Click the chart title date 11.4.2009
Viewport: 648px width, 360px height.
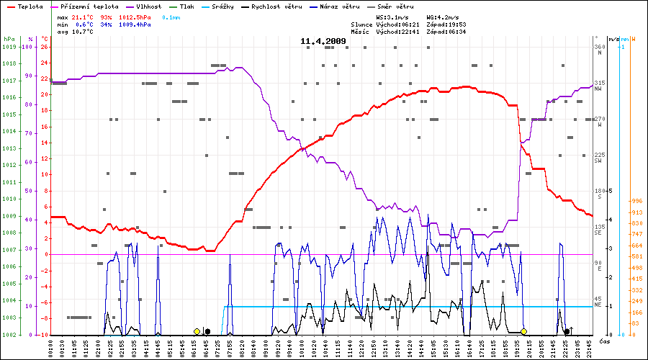point(323,41)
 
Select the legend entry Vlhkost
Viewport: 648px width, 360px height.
point(147,6)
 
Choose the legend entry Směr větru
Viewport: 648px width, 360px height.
point(397,6)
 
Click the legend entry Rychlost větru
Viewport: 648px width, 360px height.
point(276,6)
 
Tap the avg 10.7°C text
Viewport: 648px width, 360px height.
point(75,32)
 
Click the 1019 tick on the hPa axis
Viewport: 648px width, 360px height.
point(9,47)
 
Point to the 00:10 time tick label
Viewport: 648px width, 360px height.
point(51,348)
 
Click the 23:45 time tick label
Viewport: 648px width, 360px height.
point(590,348)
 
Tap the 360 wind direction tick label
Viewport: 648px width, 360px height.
point(599,47)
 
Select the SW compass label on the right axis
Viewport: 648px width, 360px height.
point(598,161)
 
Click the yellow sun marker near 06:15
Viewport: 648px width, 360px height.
point(197,331)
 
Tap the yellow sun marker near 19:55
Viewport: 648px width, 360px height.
point(523,331)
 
